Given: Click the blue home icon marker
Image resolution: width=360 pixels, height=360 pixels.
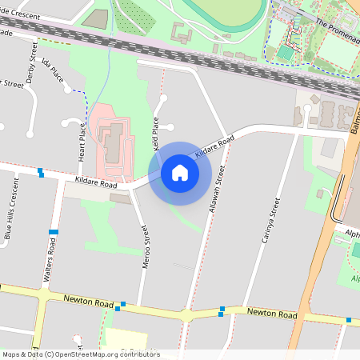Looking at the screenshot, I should (180, 173).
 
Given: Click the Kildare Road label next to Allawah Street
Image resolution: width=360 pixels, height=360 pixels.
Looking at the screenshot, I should (214, 145).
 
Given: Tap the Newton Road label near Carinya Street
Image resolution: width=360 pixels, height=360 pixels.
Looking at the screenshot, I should (272, 314).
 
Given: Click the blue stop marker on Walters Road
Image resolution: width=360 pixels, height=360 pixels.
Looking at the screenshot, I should (54, 232).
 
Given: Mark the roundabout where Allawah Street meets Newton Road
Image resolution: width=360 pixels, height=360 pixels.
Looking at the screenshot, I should (187, 314).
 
